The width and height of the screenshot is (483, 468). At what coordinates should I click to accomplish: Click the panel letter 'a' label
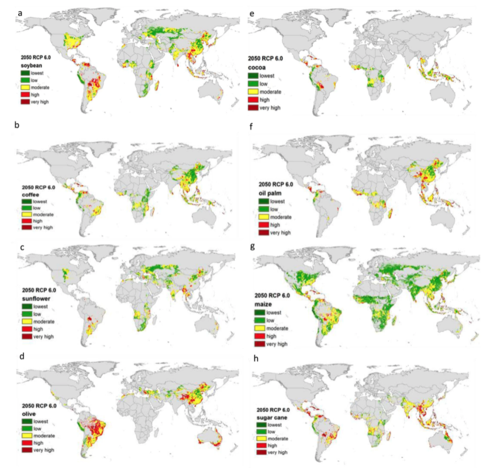pos(20,12)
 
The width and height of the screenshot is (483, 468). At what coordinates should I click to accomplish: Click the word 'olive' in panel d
pos(28,414)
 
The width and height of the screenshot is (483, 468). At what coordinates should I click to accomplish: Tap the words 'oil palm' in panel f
pos(270,192)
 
